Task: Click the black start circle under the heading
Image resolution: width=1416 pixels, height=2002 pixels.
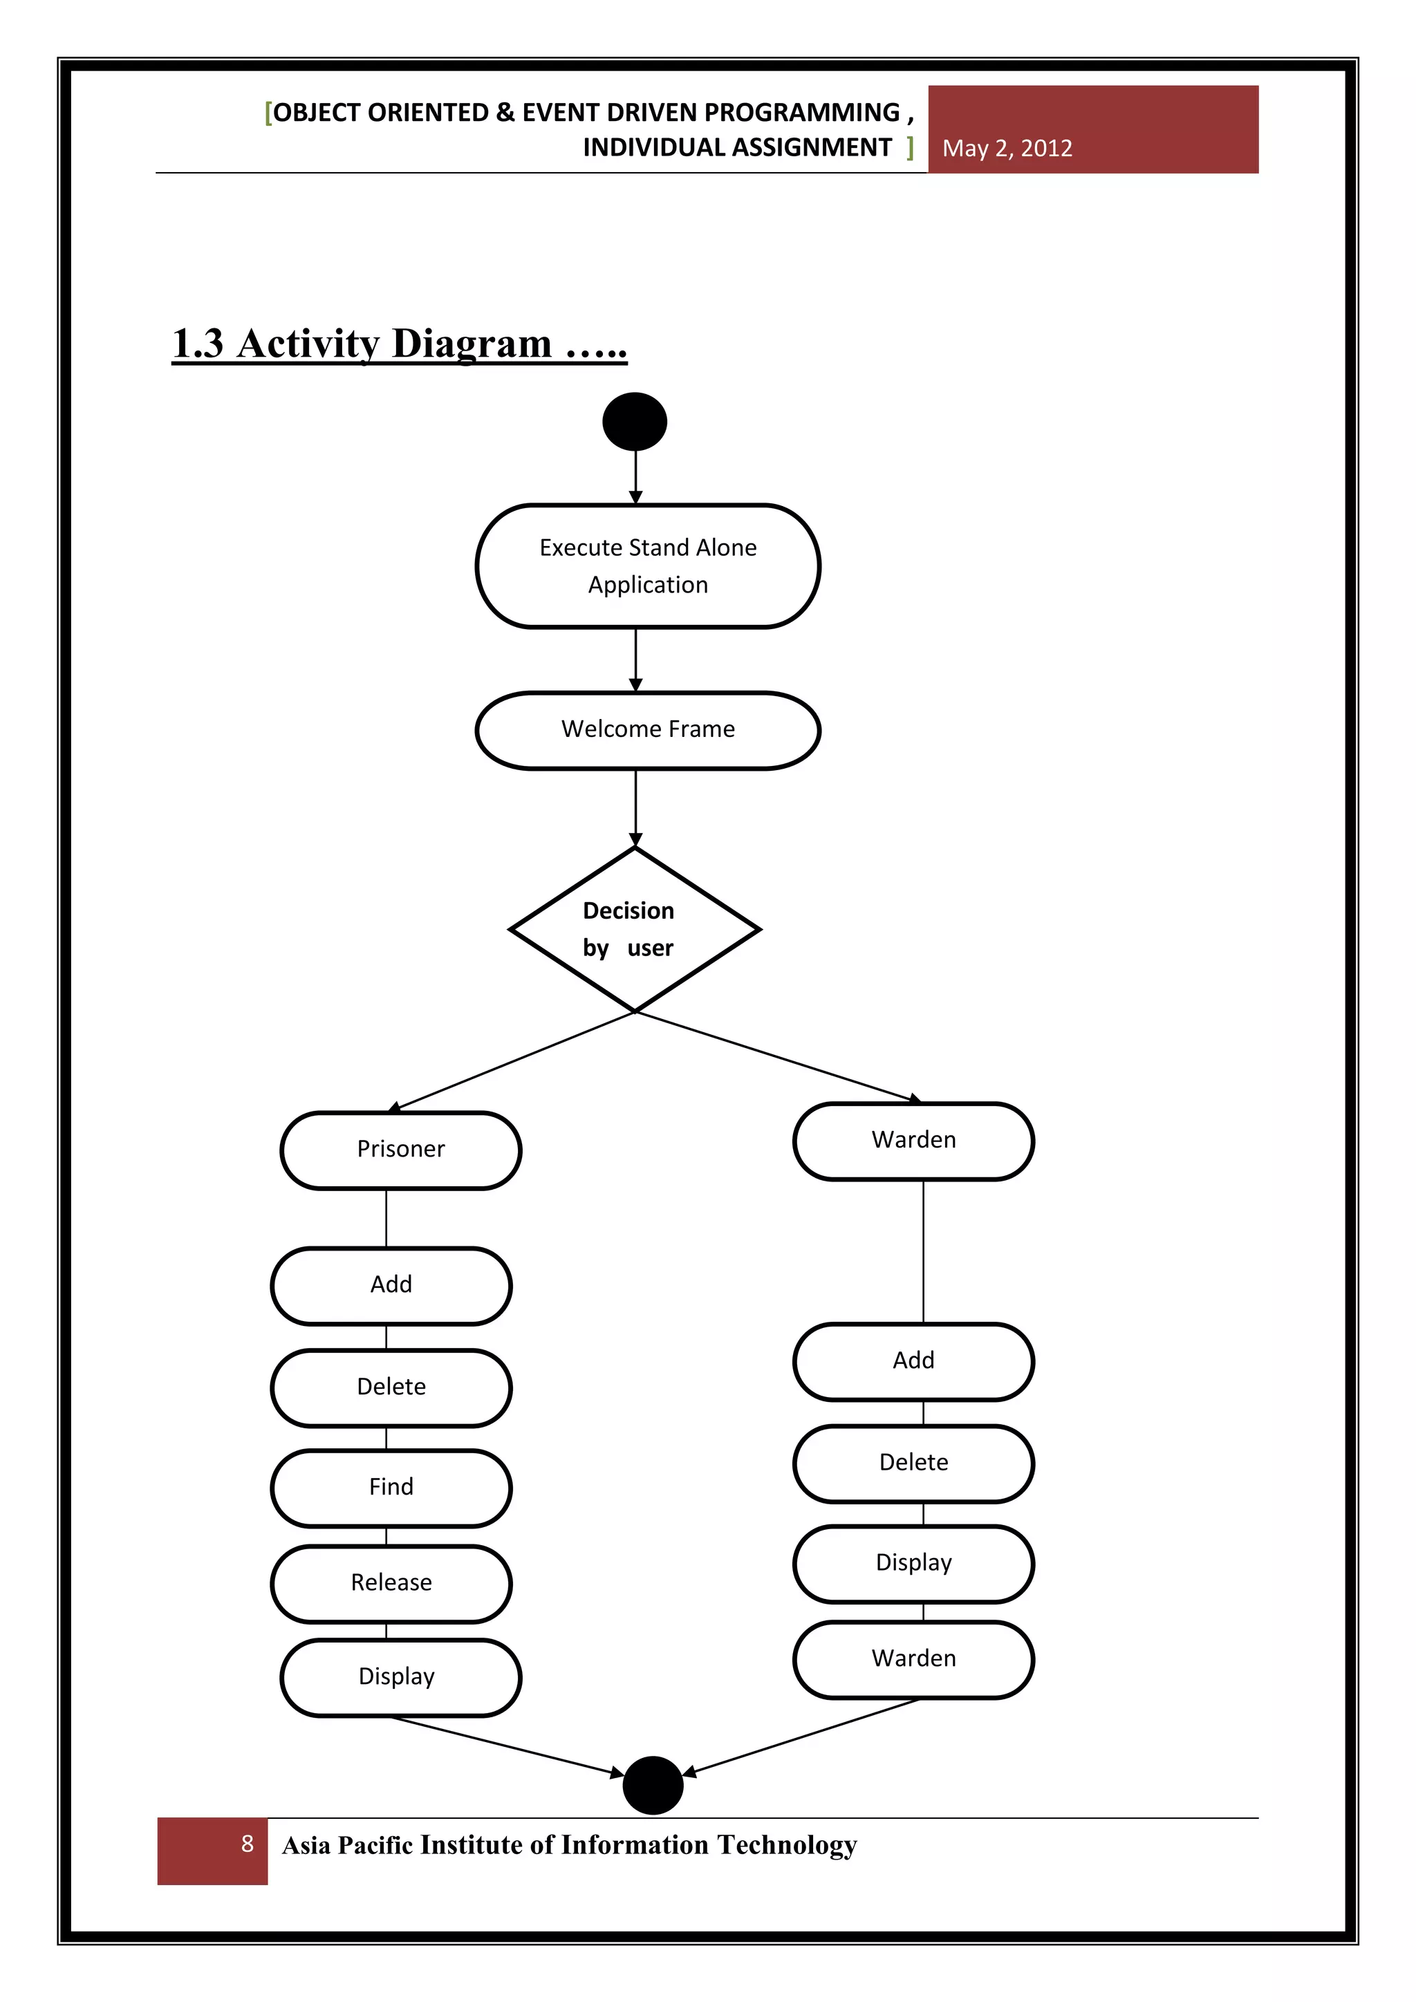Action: point(635,421)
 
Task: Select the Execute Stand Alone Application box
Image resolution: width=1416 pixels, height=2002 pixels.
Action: point(648,566)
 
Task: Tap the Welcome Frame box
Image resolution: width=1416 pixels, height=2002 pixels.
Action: point(648,730)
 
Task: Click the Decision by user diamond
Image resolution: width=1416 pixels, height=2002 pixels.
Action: point(635,930)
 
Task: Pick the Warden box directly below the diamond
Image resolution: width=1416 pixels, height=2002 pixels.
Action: point(913,1141)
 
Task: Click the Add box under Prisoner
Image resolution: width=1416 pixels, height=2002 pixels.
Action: point(391,1284)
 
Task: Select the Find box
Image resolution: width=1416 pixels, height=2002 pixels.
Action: point(391,1487)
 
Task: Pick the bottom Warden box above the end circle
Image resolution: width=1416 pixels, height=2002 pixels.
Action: point(913,1658)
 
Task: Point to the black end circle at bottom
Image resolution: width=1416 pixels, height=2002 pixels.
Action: point(652,1785)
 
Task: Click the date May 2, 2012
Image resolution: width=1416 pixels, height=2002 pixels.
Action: point(1007,148)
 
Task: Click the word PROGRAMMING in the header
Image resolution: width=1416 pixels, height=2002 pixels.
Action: point(801,113)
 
